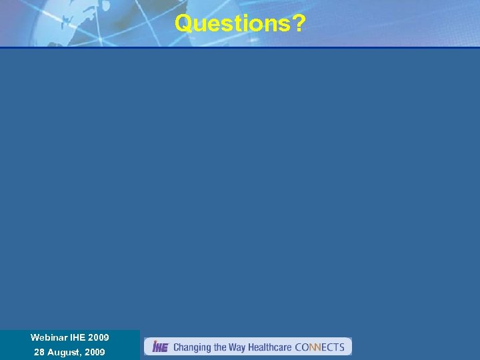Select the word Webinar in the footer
[49, 338]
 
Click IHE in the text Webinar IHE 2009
[78, 338]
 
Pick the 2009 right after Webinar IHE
[99, 338]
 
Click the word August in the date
[63, 352]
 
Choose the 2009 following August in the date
[95, 352]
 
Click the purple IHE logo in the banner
[160, 347]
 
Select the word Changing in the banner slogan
[192, 347]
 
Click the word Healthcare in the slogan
[270, 347]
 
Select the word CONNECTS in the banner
[319, 347]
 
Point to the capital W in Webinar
[35, 338]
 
